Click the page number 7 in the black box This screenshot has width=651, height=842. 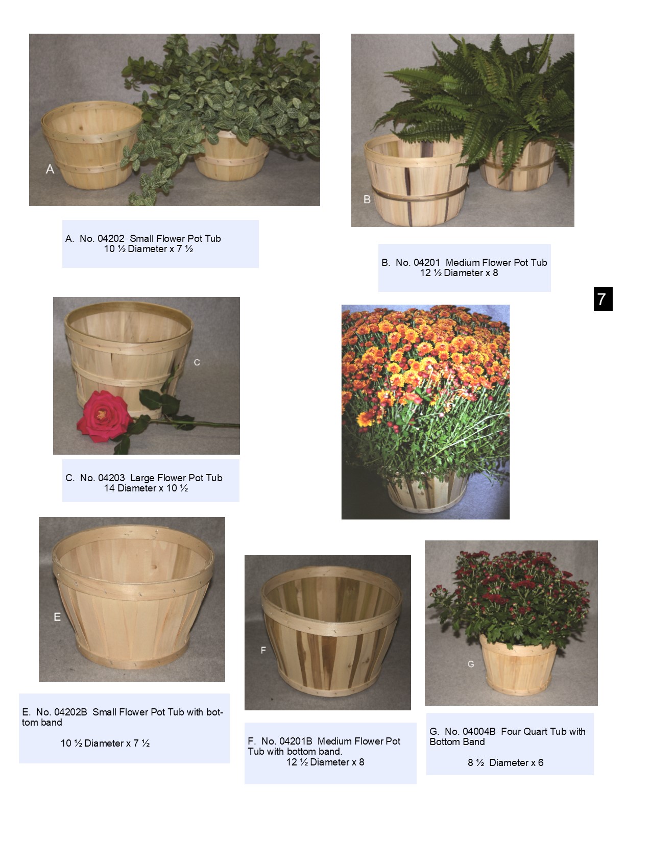(602, 299)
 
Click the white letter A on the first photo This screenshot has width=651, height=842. (50, 169)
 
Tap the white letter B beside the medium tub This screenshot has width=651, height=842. (367, 199)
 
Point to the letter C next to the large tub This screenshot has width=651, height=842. (197, 362)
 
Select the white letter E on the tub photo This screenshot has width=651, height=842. (57, 617)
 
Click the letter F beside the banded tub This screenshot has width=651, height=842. (263, 650)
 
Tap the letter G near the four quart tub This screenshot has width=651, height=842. (471, 664)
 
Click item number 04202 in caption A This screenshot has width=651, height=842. (111, 238)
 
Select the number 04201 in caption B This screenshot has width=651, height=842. (427, 262)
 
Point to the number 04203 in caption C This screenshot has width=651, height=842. (111, 478)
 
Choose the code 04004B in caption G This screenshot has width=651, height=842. (479, 731)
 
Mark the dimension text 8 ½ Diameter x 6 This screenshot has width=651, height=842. (505, 762)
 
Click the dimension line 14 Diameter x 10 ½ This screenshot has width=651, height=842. (146, 488)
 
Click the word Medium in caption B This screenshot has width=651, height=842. (462, 262)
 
